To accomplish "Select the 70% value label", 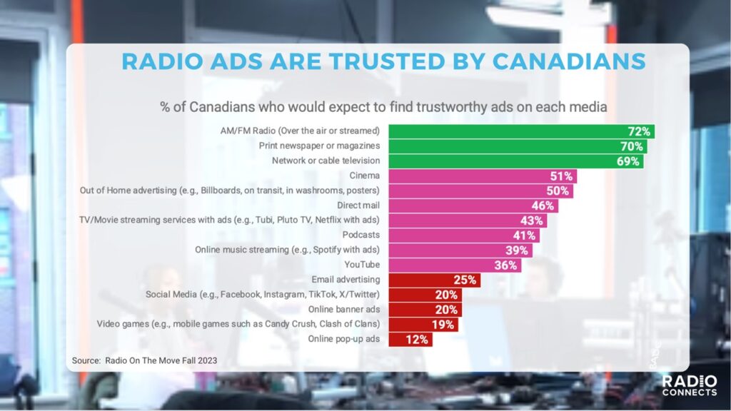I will click(632, 146).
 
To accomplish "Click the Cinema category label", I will click(365, 176).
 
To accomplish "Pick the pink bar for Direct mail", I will click(464, 205).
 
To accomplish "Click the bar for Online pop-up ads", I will click(400, 340).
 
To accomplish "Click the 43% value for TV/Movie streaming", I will click(532, 220).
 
